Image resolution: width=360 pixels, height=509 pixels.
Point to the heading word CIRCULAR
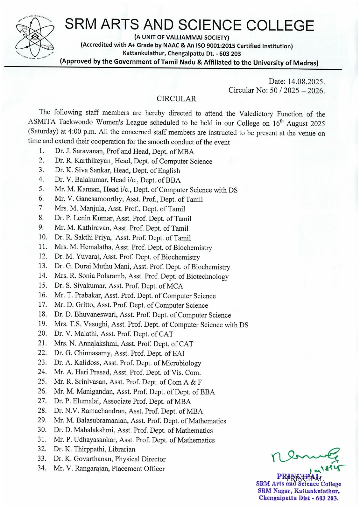176,99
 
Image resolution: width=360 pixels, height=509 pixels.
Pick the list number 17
42,304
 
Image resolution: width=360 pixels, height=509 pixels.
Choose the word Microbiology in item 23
181,363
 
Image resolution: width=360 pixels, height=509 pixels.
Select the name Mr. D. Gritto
74,305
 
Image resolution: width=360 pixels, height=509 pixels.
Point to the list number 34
42,468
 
